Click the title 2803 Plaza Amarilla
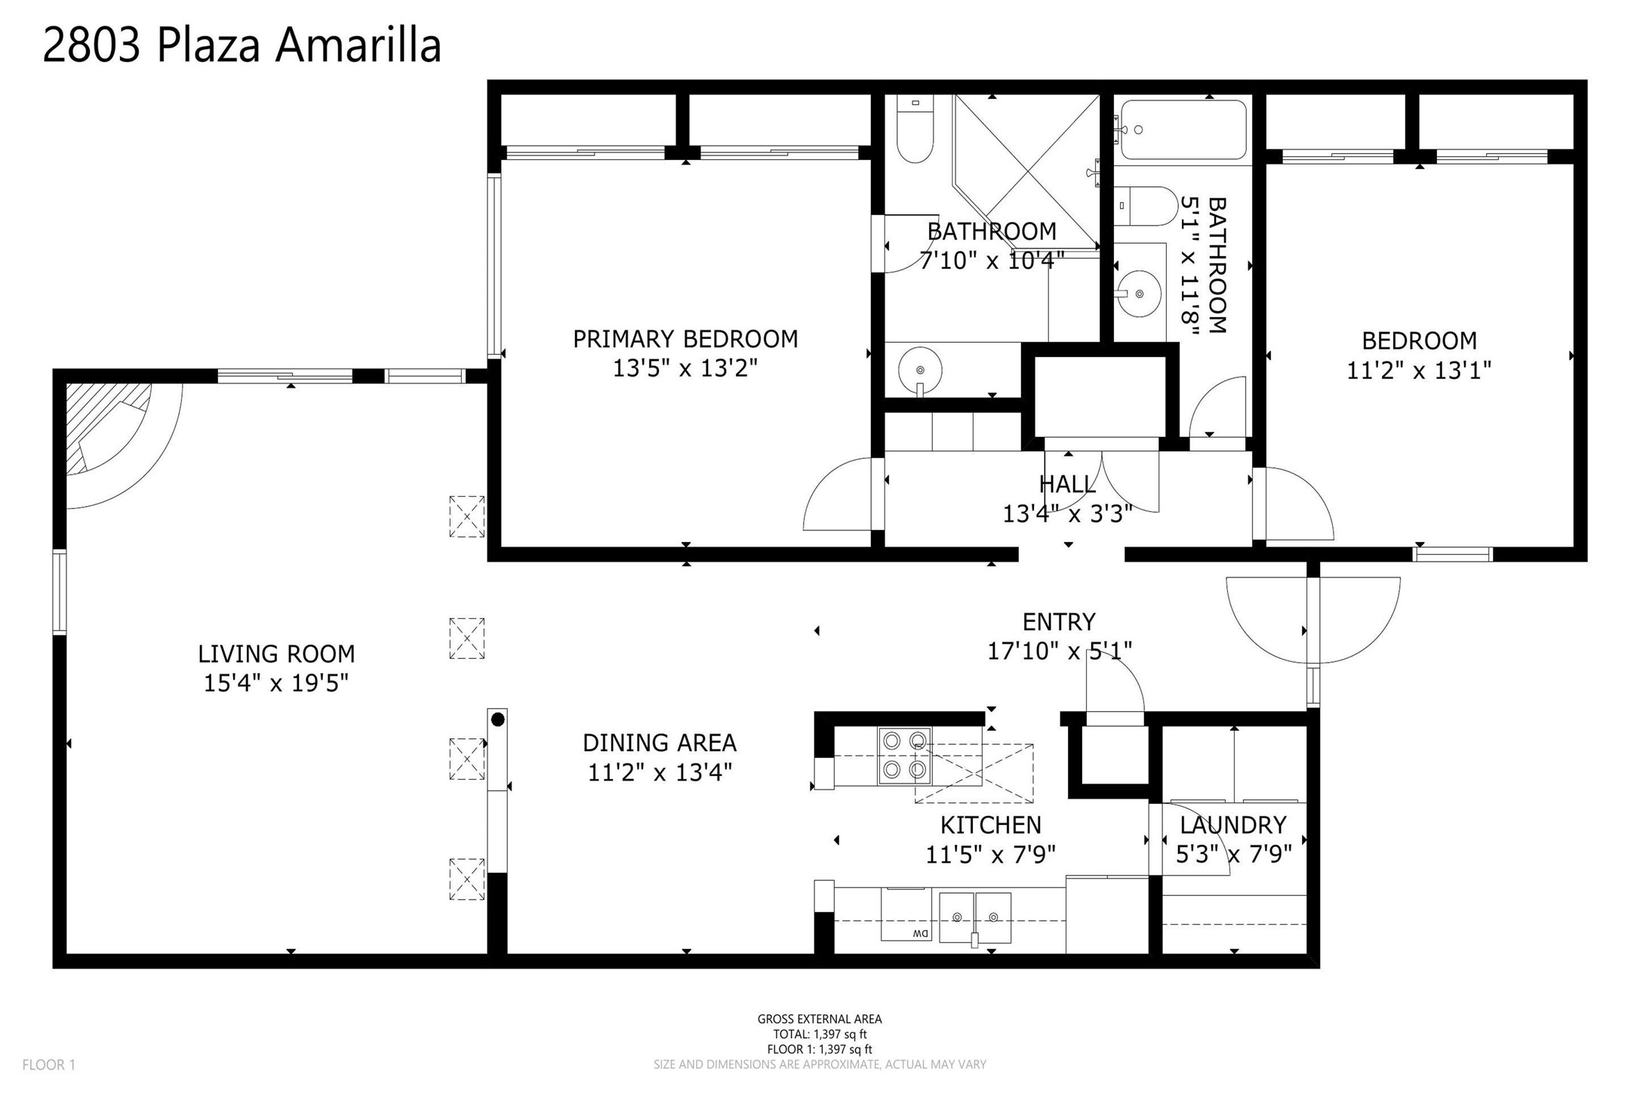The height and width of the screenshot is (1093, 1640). pos(242,45)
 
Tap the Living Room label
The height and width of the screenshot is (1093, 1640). pos(276,654)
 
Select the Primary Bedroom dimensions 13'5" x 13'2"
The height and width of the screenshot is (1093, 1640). pos(685,368)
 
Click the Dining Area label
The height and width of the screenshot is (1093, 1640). pos(660,743)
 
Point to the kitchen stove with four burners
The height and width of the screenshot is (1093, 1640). pos(904,756)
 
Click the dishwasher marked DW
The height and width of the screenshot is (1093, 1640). pos(906,914)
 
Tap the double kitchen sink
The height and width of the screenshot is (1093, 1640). pos(975,917)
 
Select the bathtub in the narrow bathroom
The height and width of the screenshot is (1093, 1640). pos(1183,130)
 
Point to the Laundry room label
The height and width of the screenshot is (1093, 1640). pos(1233,825)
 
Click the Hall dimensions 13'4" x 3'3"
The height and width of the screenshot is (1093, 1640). pos(1067,514)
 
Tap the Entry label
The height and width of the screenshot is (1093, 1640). pos(1059,622)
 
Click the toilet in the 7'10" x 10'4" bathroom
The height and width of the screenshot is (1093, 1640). pos(915,129)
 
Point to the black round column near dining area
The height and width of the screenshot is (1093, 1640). pos(497,720)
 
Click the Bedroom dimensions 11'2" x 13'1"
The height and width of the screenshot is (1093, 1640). pos(1419,371)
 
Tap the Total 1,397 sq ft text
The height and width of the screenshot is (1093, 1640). pos(820,1034)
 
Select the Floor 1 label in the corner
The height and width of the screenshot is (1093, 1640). pos(49,1065)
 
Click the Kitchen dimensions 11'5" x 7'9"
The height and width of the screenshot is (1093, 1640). pos(990,854)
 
